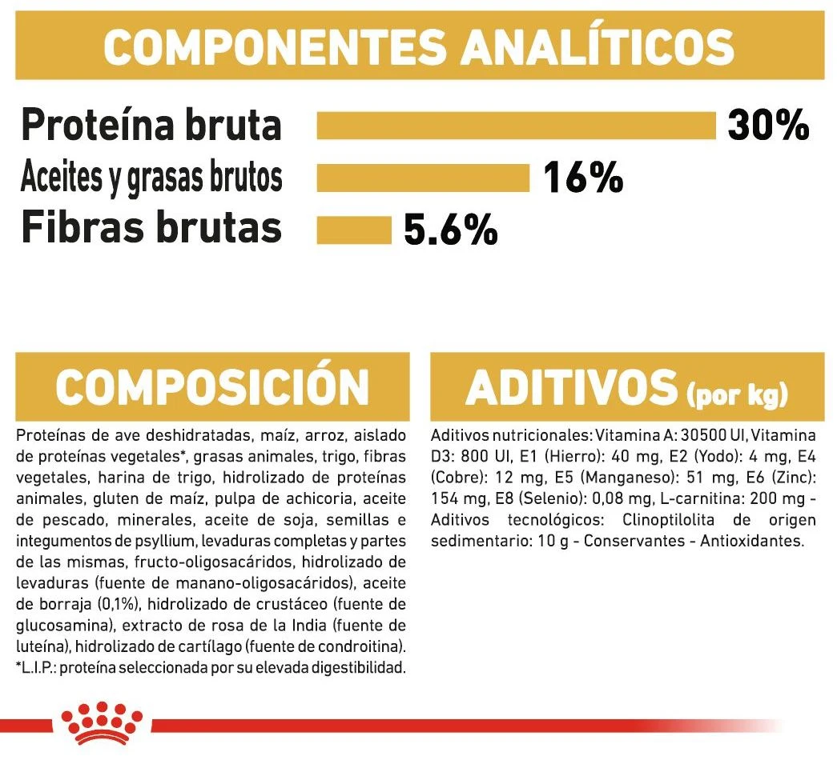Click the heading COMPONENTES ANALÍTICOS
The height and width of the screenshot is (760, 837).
click(419, 47)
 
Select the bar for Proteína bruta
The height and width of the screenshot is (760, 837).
click(516, 126)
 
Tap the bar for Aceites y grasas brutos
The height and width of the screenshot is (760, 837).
click(423, 178)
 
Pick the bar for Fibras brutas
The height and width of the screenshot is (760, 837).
click(353, 229)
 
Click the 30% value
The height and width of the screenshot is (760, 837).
click(768, 126)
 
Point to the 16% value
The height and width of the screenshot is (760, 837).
click(583, 178)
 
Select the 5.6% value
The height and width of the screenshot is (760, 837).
click(450, 230)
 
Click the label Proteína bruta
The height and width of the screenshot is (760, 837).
click(151, 126)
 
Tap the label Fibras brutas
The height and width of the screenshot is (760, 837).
click(151, 228)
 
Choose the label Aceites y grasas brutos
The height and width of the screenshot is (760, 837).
click(151, 178)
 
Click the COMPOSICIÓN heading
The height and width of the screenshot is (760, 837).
click(211, 387)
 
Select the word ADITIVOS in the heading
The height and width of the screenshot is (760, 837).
click(570, 387)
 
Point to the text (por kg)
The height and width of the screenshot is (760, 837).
click(738, 394)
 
